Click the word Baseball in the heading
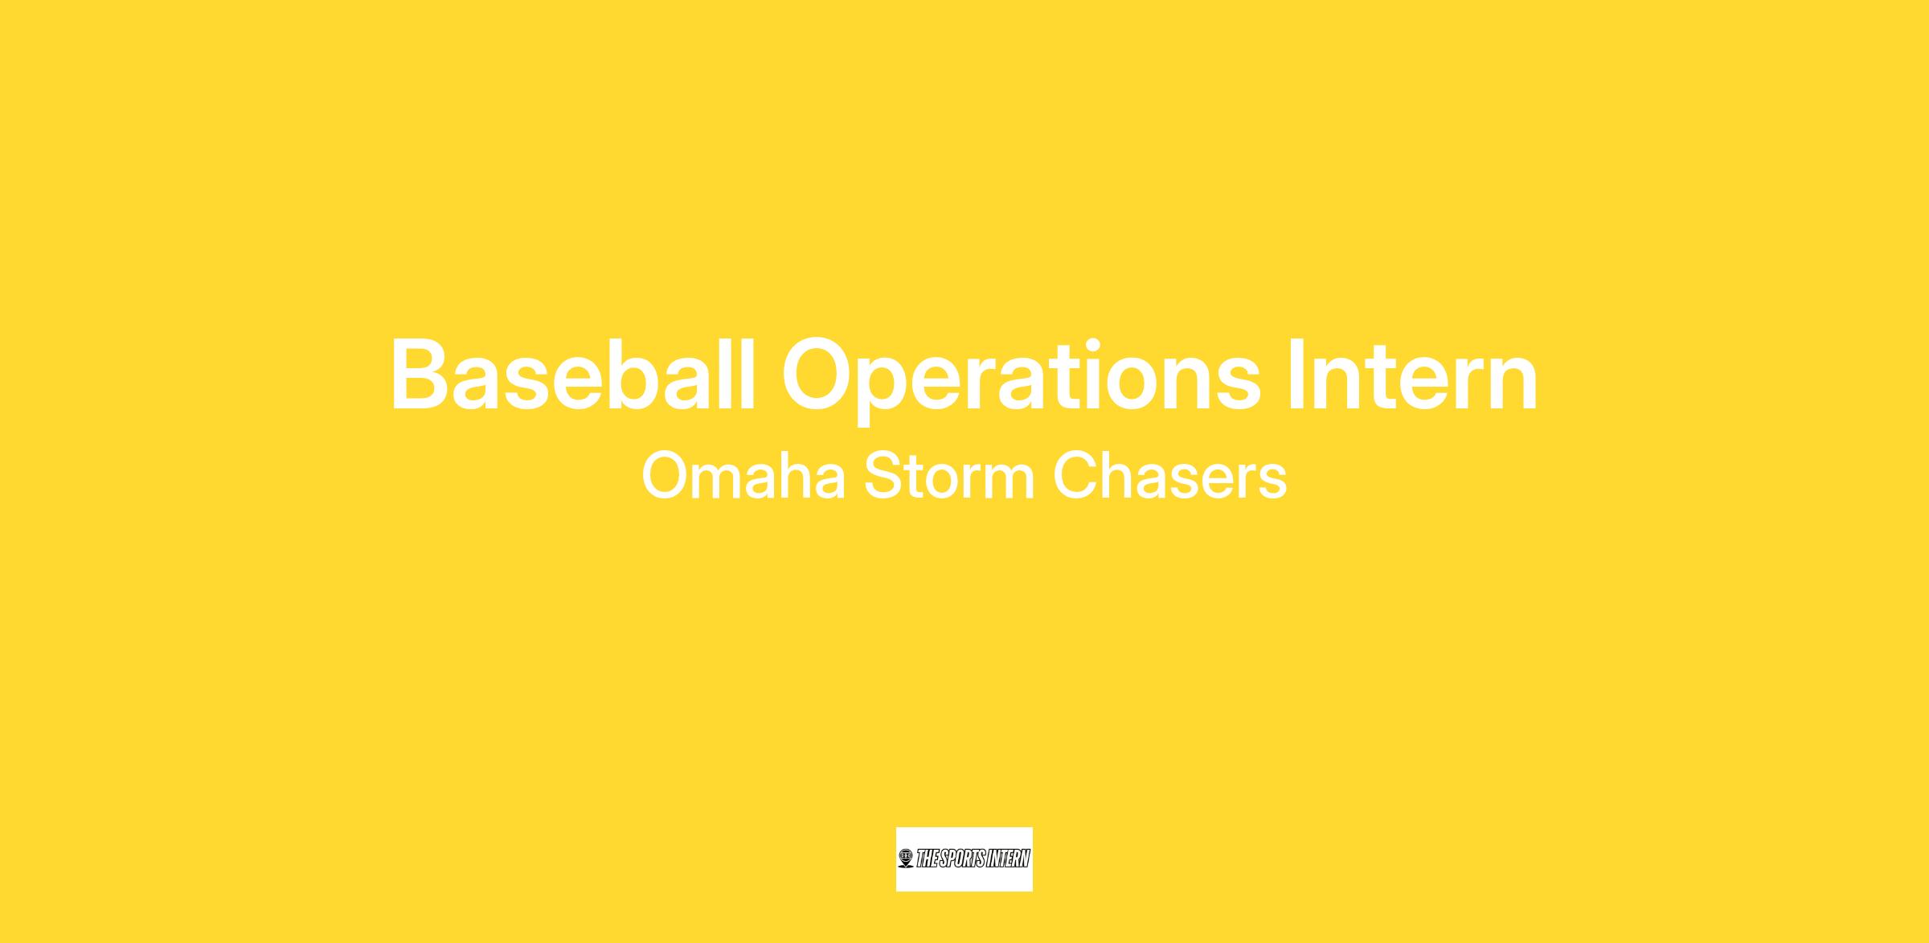pos(573,375)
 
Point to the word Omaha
pos(743,477)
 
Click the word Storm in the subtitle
pos(949,477)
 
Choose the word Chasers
pos(1170,477)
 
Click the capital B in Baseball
pos(421,375)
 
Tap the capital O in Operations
pos(822,375)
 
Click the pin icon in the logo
pos(907,859)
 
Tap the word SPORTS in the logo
pos(960,859)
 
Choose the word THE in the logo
pos(926,859)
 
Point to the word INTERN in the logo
pos(1008,859)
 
